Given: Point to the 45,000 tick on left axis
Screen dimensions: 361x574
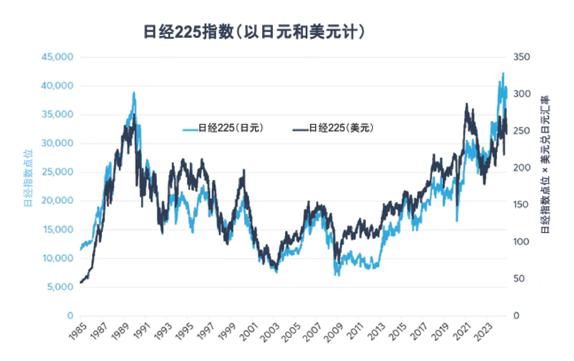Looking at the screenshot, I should pyautogui.click(x=57, y=57).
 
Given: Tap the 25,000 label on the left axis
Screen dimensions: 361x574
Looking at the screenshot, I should pyautogui.click(x=57, y=172).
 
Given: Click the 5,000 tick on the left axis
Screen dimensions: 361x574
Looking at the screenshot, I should pyautogui.click(x=60, y=287).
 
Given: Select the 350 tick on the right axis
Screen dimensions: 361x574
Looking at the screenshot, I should pyautogui.click(x=521, y=57).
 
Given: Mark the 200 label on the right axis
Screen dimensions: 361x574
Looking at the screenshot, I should pyautogui.click(x=521, y=168).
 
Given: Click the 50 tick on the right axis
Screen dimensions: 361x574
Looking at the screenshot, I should pyautogui.click(x=519, y=279).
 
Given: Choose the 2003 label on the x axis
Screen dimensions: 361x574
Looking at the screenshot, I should pyautogui.click(x=270, y=332).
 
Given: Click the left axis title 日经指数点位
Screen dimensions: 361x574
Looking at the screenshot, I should pyautogui.click(x=28, y=178).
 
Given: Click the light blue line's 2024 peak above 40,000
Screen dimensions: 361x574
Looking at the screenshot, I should pyautogui.click(x=503, y=73).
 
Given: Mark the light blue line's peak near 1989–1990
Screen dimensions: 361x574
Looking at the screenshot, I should pyautogui.click(x=134, y=92).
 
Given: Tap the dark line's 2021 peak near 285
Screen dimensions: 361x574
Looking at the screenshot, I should pyautogui.click(x=466, y=104).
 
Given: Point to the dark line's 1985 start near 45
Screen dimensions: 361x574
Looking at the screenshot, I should pyautogui.click(x=81, y=283).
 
